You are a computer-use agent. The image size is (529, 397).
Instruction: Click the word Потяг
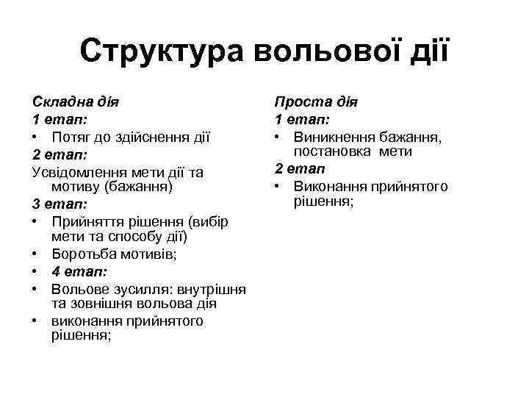(x=72, y=137)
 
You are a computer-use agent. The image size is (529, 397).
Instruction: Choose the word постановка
(x=333, y=151)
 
